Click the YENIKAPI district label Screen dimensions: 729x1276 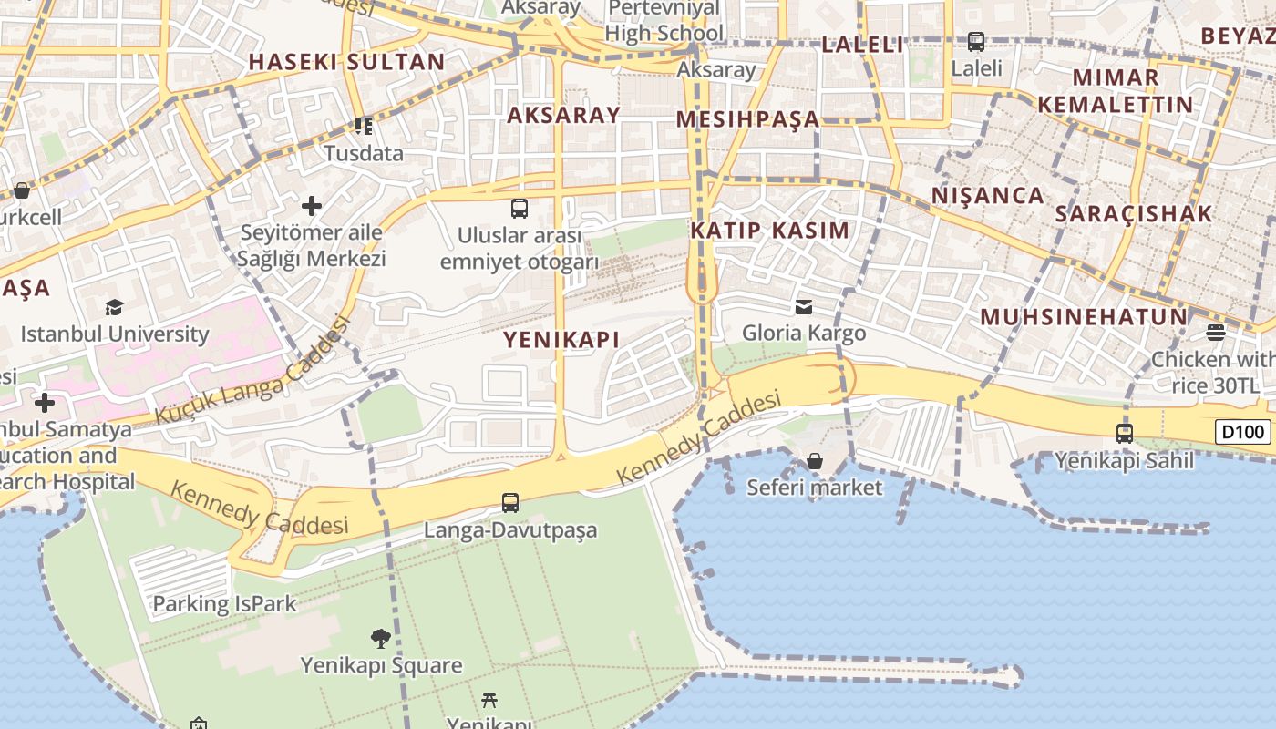[561, 340]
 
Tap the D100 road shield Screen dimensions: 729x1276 [1242, 432]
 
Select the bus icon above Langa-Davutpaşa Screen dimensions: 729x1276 [510, 502]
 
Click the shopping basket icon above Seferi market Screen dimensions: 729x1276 [815, 461]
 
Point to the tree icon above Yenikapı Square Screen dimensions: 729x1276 [381, 638]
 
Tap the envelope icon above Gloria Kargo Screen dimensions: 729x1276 [803, 306]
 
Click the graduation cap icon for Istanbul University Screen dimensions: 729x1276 [114, 307]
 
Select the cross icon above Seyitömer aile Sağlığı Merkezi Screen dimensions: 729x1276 [312, 206]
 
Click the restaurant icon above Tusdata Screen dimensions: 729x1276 [364, 127]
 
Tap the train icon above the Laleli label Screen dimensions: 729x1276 [976, 41]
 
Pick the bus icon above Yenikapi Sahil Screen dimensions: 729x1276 [1125, 434]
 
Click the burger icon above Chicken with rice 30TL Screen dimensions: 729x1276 [1215, 332]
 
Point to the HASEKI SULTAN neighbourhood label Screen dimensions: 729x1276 [346, 62]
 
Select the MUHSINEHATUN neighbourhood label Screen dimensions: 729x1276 [1084, 317]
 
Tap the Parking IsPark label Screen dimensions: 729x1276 [224, 603]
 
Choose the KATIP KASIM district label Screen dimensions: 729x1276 [769, 231]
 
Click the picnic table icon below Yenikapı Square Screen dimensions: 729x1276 [489, 700]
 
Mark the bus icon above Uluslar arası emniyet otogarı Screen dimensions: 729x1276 [520, 209]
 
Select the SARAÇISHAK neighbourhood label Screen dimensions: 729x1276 [1133, 214]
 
